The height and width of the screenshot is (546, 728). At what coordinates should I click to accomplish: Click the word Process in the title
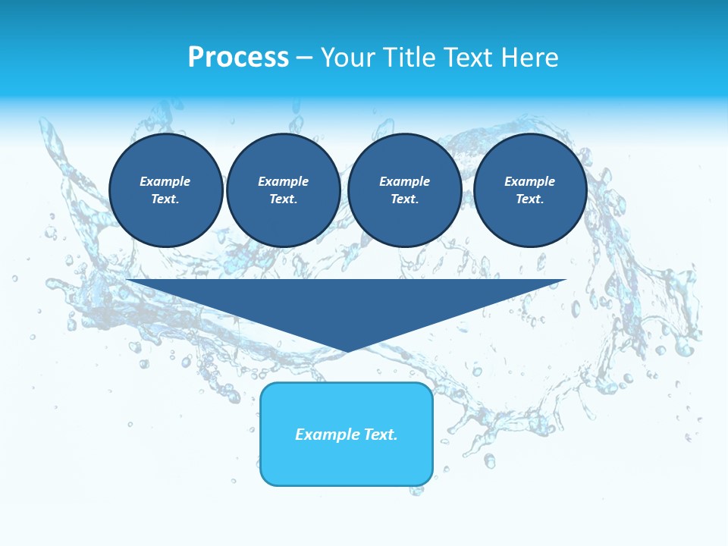238,58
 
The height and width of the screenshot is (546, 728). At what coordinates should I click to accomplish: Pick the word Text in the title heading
470,58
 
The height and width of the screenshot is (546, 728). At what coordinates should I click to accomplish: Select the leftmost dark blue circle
166,190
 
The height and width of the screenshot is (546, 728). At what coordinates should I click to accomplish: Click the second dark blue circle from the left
283,190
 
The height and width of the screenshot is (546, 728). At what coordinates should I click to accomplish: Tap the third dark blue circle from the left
404,190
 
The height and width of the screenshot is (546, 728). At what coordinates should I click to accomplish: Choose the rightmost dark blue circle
530,190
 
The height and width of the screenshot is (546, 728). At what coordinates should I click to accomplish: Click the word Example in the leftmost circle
165,181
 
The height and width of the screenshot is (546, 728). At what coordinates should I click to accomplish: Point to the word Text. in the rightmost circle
530,199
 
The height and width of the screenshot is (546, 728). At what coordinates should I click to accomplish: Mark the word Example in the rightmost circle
530,181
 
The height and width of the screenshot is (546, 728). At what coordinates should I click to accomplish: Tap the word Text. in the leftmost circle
165,199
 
